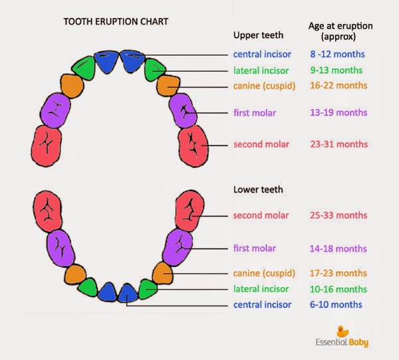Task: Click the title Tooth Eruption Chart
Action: [116, 21]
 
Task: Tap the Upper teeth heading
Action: [258, 35]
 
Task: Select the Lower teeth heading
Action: [258, 189]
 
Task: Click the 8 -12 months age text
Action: [337, 54]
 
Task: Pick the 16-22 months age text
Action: [338, 85]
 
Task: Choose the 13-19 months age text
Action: [338, 112]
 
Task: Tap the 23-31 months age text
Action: [338, 143]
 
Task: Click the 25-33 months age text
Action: [338, 215]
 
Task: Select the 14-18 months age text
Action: [338, 248]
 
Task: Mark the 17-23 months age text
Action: [338, 273]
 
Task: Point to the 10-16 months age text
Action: [338, 289]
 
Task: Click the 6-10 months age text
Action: [336, 304]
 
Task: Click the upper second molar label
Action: [261, 143]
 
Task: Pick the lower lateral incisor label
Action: [261, 289]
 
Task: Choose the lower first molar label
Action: [255, 248]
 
